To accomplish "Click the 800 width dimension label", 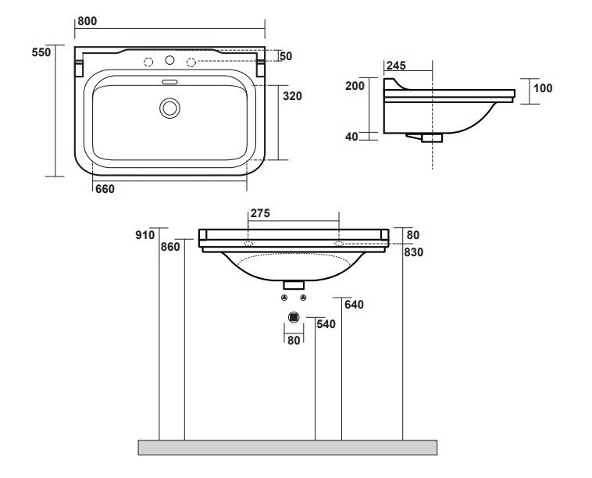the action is (x=87, y=21).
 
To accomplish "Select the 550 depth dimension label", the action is (x=41, y=52).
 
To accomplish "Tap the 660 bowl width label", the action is (x=105, y=189).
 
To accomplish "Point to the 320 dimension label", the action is (x=292, y=96).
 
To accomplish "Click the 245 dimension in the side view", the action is (x=396, y=66).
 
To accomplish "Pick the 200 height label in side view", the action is (x=355, y=86).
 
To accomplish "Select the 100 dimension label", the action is (x=543, y=88).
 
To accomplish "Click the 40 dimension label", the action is (x=351, y=137).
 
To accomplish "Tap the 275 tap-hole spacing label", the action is (x=260, y=213).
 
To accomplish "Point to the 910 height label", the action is (x=145, y=235).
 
